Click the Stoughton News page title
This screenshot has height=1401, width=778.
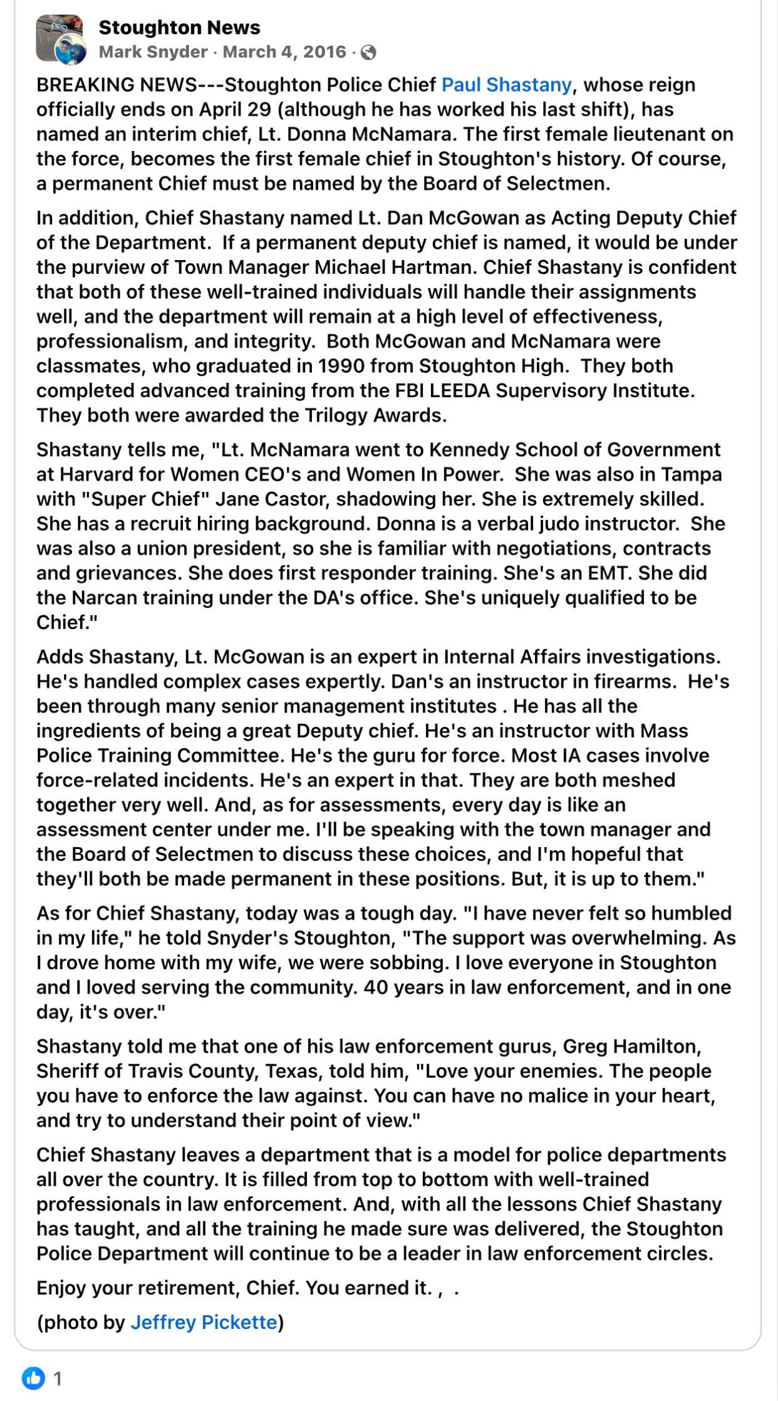(x=179, y=28)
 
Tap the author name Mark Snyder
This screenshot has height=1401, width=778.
(x=153, y=52)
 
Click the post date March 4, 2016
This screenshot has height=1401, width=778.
(x=284, y=52)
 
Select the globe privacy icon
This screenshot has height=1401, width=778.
(x=369, y=53)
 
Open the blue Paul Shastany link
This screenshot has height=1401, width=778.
(x=506, y=85)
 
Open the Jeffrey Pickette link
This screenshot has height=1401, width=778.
(x=204, y=1322)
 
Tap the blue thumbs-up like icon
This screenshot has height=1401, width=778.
(x=33, y=1378)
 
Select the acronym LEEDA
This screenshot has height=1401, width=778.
(x=459, y=391)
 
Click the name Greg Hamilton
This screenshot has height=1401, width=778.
(x=631, y=1046)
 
